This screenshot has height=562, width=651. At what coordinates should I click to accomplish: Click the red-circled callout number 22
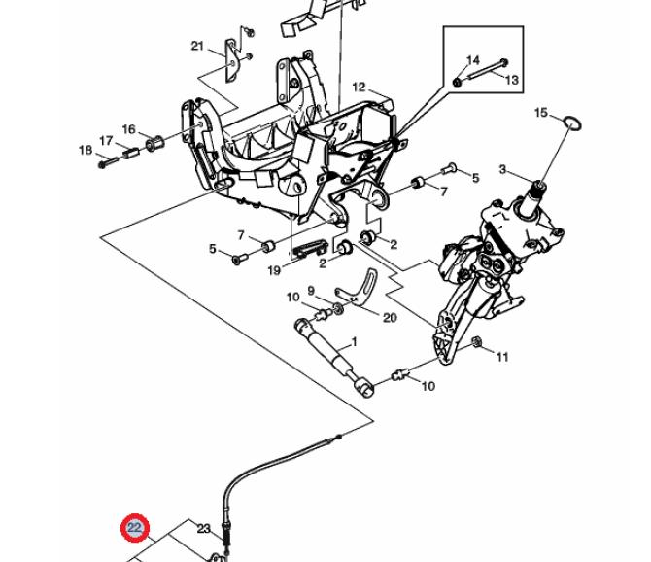(134, 528)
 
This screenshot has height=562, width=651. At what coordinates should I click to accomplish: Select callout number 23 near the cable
(203, 529)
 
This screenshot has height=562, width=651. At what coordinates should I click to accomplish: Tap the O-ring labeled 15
(572, 123)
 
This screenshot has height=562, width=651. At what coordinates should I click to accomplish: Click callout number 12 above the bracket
(359, 88)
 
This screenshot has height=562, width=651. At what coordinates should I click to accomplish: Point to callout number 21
(197, 46)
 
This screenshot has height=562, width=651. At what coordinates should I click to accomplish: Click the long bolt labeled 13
(488, 69)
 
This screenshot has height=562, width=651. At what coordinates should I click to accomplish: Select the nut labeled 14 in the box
(457, 82)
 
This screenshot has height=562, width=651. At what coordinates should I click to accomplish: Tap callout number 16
(128, 129)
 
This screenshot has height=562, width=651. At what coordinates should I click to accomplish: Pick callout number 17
(106, 141)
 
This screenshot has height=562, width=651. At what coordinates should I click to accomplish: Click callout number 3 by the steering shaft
(502, 169)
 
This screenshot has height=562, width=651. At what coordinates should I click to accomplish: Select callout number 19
(274, 271)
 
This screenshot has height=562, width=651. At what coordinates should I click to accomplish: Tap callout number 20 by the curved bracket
(390, 318)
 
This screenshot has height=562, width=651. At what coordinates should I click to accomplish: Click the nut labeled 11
(477, 342)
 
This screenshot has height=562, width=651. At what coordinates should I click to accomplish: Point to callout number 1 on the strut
(354, 342)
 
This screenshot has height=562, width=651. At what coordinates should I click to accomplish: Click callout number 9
(311, 291)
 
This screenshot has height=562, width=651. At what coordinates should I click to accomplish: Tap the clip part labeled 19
(310, 249)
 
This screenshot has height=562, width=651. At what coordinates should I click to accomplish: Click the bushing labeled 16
(154, 143)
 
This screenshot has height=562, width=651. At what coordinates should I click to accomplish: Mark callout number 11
(502, 357)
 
